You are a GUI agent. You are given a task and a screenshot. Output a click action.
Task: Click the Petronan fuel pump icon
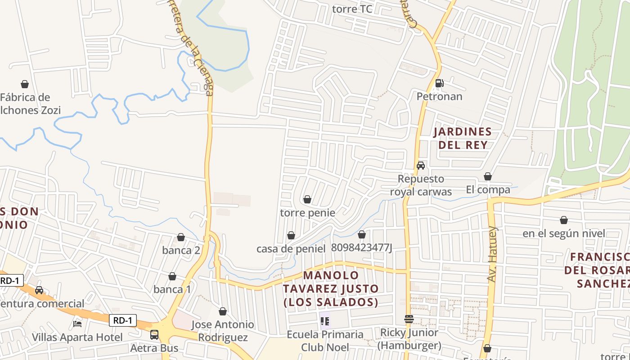pyautogui.click(x=439, y=83)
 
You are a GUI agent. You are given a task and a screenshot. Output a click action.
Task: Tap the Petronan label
pyautogui.click(x=439, y=96)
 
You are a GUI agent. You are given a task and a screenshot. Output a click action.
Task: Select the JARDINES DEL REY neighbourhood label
pyautogui.click(x=463, y=138)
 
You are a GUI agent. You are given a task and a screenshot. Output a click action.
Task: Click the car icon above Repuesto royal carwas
pyautogui.click(x=421, y=166)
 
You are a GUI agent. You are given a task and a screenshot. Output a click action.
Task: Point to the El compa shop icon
pyautogui.click(x=488, y=176)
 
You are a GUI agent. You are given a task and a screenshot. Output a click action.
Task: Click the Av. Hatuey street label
pyautogui.click(x=493, y=254)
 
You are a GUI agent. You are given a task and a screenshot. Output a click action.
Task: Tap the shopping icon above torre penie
pyautogui.click(x=307, y=199)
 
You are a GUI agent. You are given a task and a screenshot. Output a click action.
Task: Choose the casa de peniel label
pyautogui.click(x=291, y=248)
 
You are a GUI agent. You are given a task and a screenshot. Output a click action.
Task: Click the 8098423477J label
pyautogui.click(x=362, y=247)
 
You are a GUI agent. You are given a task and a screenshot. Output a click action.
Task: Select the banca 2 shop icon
pyautogui.click(x=181, y=237)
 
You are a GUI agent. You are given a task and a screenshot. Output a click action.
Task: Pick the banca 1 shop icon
pyautogui.click(x=172, y=276)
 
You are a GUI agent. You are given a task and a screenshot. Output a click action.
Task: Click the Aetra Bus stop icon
pyautogui.click(x=154, y=335)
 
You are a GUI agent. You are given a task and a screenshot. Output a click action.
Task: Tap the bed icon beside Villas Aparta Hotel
pyautogui.click(x=77, y=324)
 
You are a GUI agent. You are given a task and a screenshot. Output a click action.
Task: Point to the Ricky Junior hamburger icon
pyautogui.click(x=409, y=319)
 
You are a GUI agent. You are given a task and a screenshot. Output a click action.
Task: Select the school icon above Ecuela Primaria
pyautogui.click(x=325, y=321)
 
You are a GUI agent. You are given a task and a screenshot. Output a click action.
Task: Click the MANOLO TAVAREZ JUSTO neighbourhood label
pyautogui.click(x=331, y=288)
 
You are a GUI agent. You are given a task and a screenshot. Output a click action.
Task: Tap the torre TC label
pyautogui.click(x=352, y=9)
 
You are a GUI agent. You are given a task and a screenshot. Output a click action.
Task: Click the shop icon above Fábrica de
pyautogui.click(x=25, y=84)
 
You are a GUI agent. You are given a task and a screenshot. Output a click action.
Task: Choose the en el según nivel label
pyautogui.click(x=563, y=234)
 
